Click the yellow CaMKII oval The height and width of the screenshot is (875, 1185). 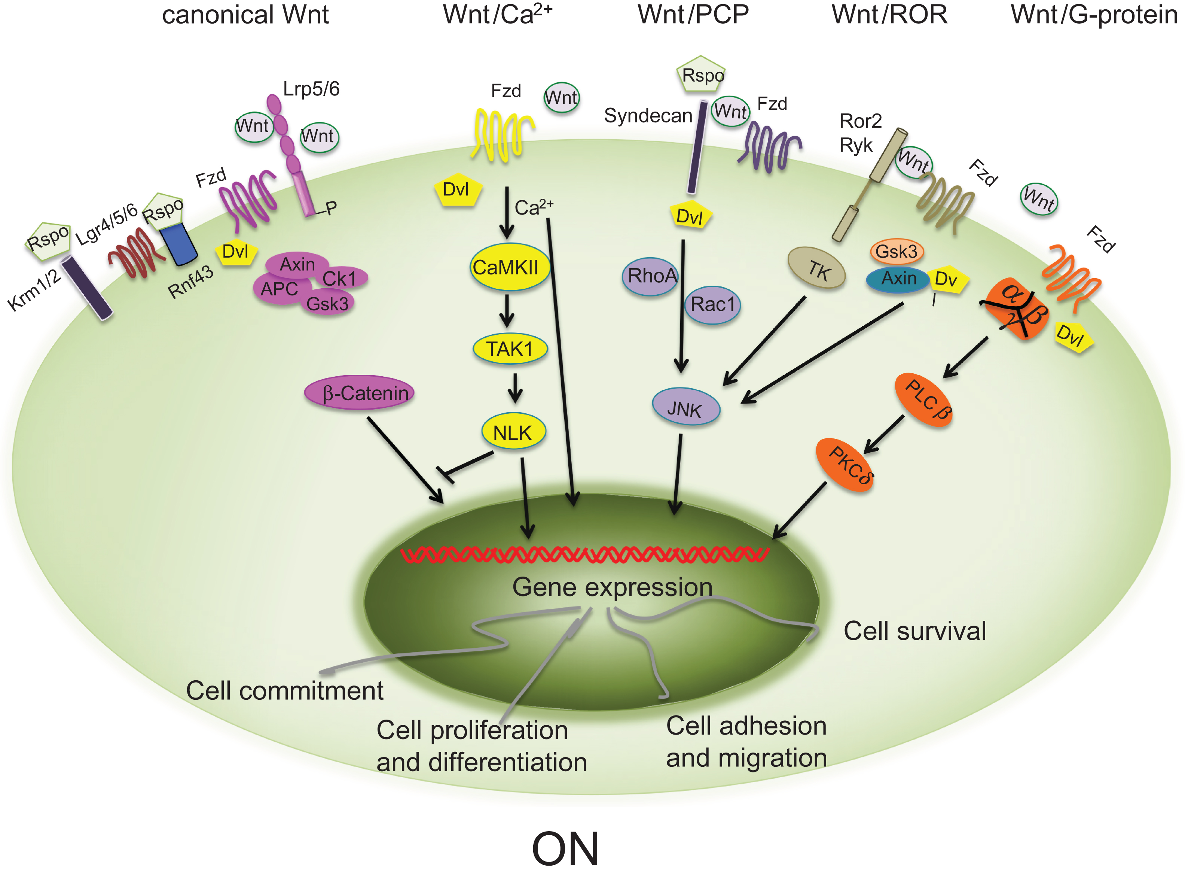click(510, 267)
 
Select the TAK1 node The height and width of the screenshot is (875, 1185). click(510, 349)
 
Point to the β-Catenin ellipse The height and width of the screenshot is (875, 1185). click(359, 393)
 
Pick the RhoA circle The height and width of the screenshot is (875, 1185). click(650, 276)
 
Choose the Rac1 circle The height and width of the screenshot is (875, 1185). click(712, 304)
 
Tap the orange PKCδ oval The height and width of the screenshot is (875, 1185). click(845, 465)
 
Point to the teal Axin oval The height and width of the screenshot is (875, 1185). click(898, 279)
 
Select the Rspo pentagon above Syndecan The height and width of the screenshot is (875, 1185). click(701, 75)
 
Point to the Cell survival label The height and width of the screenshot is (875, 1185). click(914, 631)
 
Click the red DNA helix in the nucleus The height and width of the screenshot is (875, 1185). click(584, 555)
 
